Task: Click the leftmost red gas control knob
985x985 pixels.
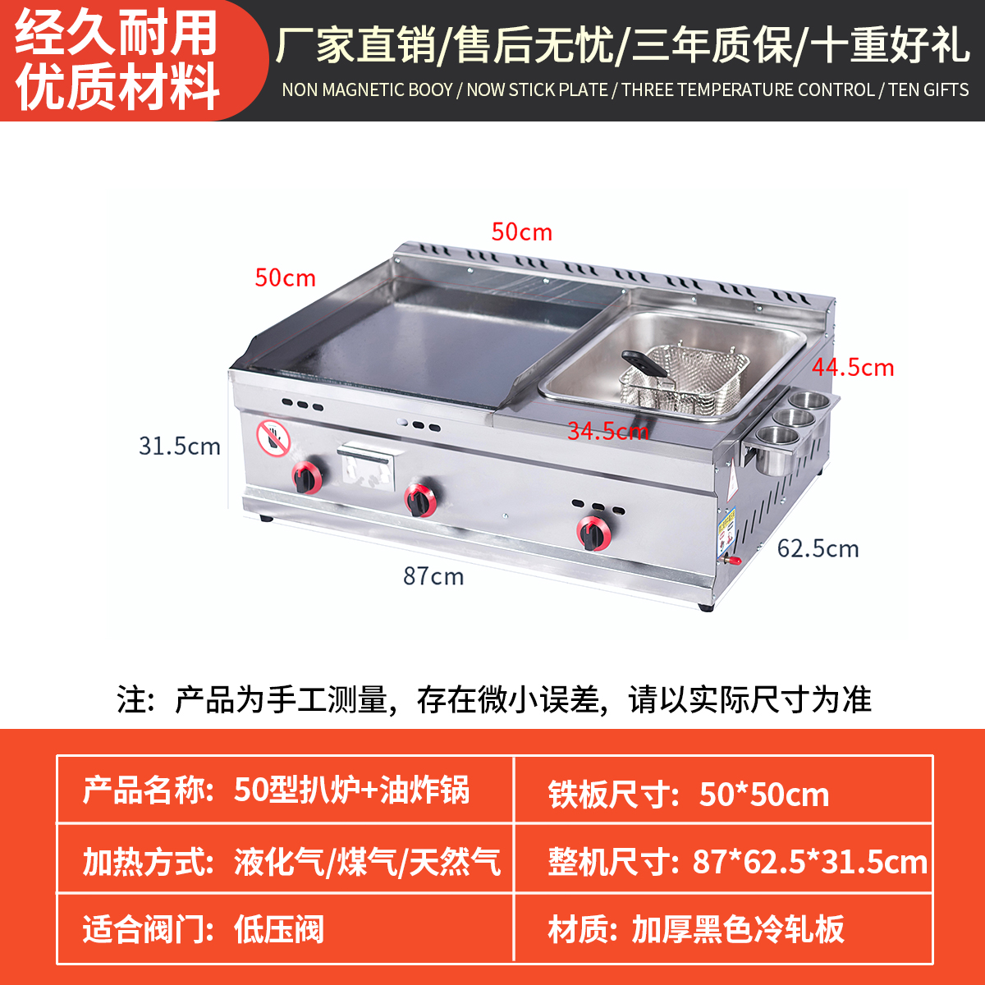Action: [308, 477]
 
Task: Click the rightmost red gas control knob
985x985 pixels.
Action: [593, 532]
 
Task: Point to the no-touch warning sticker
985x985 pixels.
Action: [273, 438]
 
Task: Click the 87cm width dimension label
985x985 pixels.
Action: [433, 576]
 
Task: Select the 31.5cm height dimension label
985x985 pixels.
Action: [180, 446]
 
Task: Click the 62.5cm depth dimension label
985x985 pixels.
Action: [818, 548]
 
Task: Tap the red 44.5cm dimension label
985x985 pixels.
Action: [853, 367]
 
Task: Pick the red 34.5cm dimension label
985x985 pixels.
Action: [608, 430]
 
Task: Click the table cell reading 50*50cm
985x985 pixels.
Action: [764, 794]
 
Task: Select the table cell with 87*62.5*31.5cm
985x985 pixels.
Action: [809, 862]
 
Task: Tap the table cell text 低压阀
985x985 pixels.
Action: [279, 929]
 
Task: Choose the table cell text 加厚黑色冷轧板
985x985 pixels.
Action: [738, 929]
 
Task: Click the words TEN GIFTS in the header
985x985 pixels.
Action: [928, 89]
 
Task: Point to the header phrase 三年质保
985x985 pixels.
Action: [712, 45]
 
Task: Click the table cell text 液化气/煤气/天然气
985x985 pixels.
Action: [367, 862]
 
